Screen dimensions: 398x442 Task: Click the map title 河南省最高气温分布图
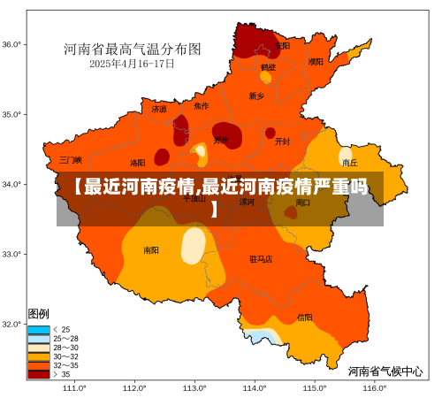point(132,49)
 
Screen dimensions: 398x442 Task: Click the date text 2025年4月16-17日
point(132,64)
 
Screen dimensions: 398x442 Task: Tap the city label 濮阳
point(316,62)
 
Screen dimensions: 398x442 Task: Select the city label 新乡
point(256,96)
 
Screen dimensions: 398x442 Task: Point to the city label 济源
point(158,110)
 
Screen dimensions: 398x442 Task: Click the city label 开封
point(282,141)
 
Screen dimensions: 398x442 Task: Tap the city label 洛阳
point(138,163)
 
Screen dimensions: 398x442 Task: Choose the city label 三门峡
point(71,160)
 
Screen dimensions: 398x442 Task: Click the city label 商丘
point(350,163)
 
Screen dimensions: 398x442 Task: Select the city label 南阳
point(152,250)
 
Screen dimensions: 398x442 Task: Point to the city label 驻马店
point(261,259)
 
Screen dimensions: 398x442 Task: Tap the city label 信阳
point(304,317)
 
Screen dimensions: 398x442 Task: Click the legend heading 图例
point(39,314)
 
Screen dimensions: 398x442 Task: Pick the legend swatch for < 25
point(39,329)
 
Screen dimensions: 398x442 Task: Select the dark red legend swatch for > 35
point(39,374)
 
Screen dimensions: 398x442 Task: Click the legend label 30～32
point(66,356)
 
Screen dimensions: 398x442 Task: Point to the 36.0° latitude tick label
point(11,44)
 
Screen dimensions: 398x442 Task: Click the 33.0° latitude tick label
point(11,254)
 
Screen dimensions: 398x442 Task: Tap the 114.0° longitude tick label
point(255,387)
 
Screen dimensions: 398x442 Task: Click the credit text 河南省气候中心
point(385,371)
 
